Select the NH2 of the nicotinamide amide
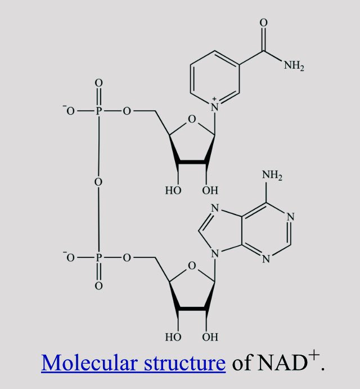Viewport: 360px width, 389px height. point(294,66)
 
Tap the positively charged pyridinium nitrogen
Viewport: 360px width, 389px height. point(214,105)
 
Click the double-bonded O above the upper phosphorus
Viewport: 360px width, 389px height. point(99,83)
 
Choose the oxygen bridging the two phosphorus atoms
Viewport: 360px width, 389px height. point(98,182)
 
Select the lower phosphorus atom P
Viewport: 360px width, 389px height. point(99,257)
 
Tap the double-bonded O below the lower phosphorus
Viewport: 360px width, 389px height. point(99,286)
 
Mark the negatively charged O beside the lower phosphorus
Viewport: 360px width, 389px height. point(69,257)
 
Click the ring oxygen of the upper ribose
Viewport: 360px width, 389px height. point(192,119)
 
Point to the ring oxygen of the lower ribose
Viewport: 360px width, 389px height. point(192,266)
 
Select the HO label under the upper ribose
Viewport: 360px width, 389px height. point(174,191)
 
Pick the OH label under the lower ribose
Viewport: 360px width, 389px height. point(210,337)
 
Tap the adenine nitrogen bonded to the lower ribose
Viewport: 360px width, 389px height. point(214,253)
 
